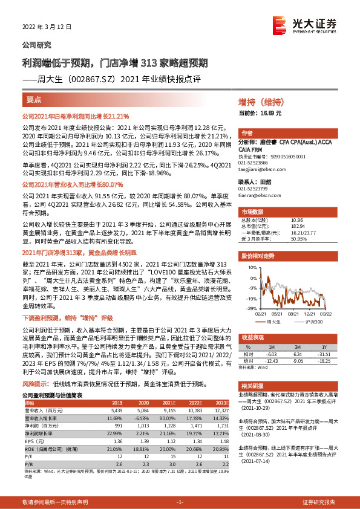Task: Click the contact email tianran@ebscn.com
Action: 257,195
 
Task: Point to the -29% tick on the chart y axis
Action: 250,309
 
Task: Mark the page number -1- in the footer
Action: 179,502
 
